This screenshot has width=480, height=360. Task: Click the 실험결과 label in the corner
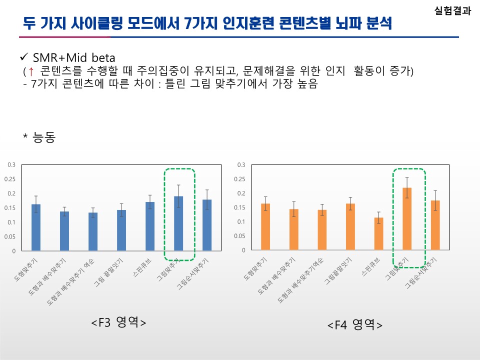(452, 11)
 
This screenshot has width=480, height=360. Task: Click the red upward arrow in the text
(31, 71)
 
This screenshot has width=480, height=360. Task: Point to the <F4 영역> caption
(355, 325)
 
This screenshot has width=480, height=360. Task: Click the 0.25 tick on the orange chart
(241, 179)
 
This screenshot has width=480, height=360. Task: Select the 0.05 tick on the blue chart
(10, 236)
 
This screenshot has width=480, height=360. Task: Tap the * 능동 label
(38, 137)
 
